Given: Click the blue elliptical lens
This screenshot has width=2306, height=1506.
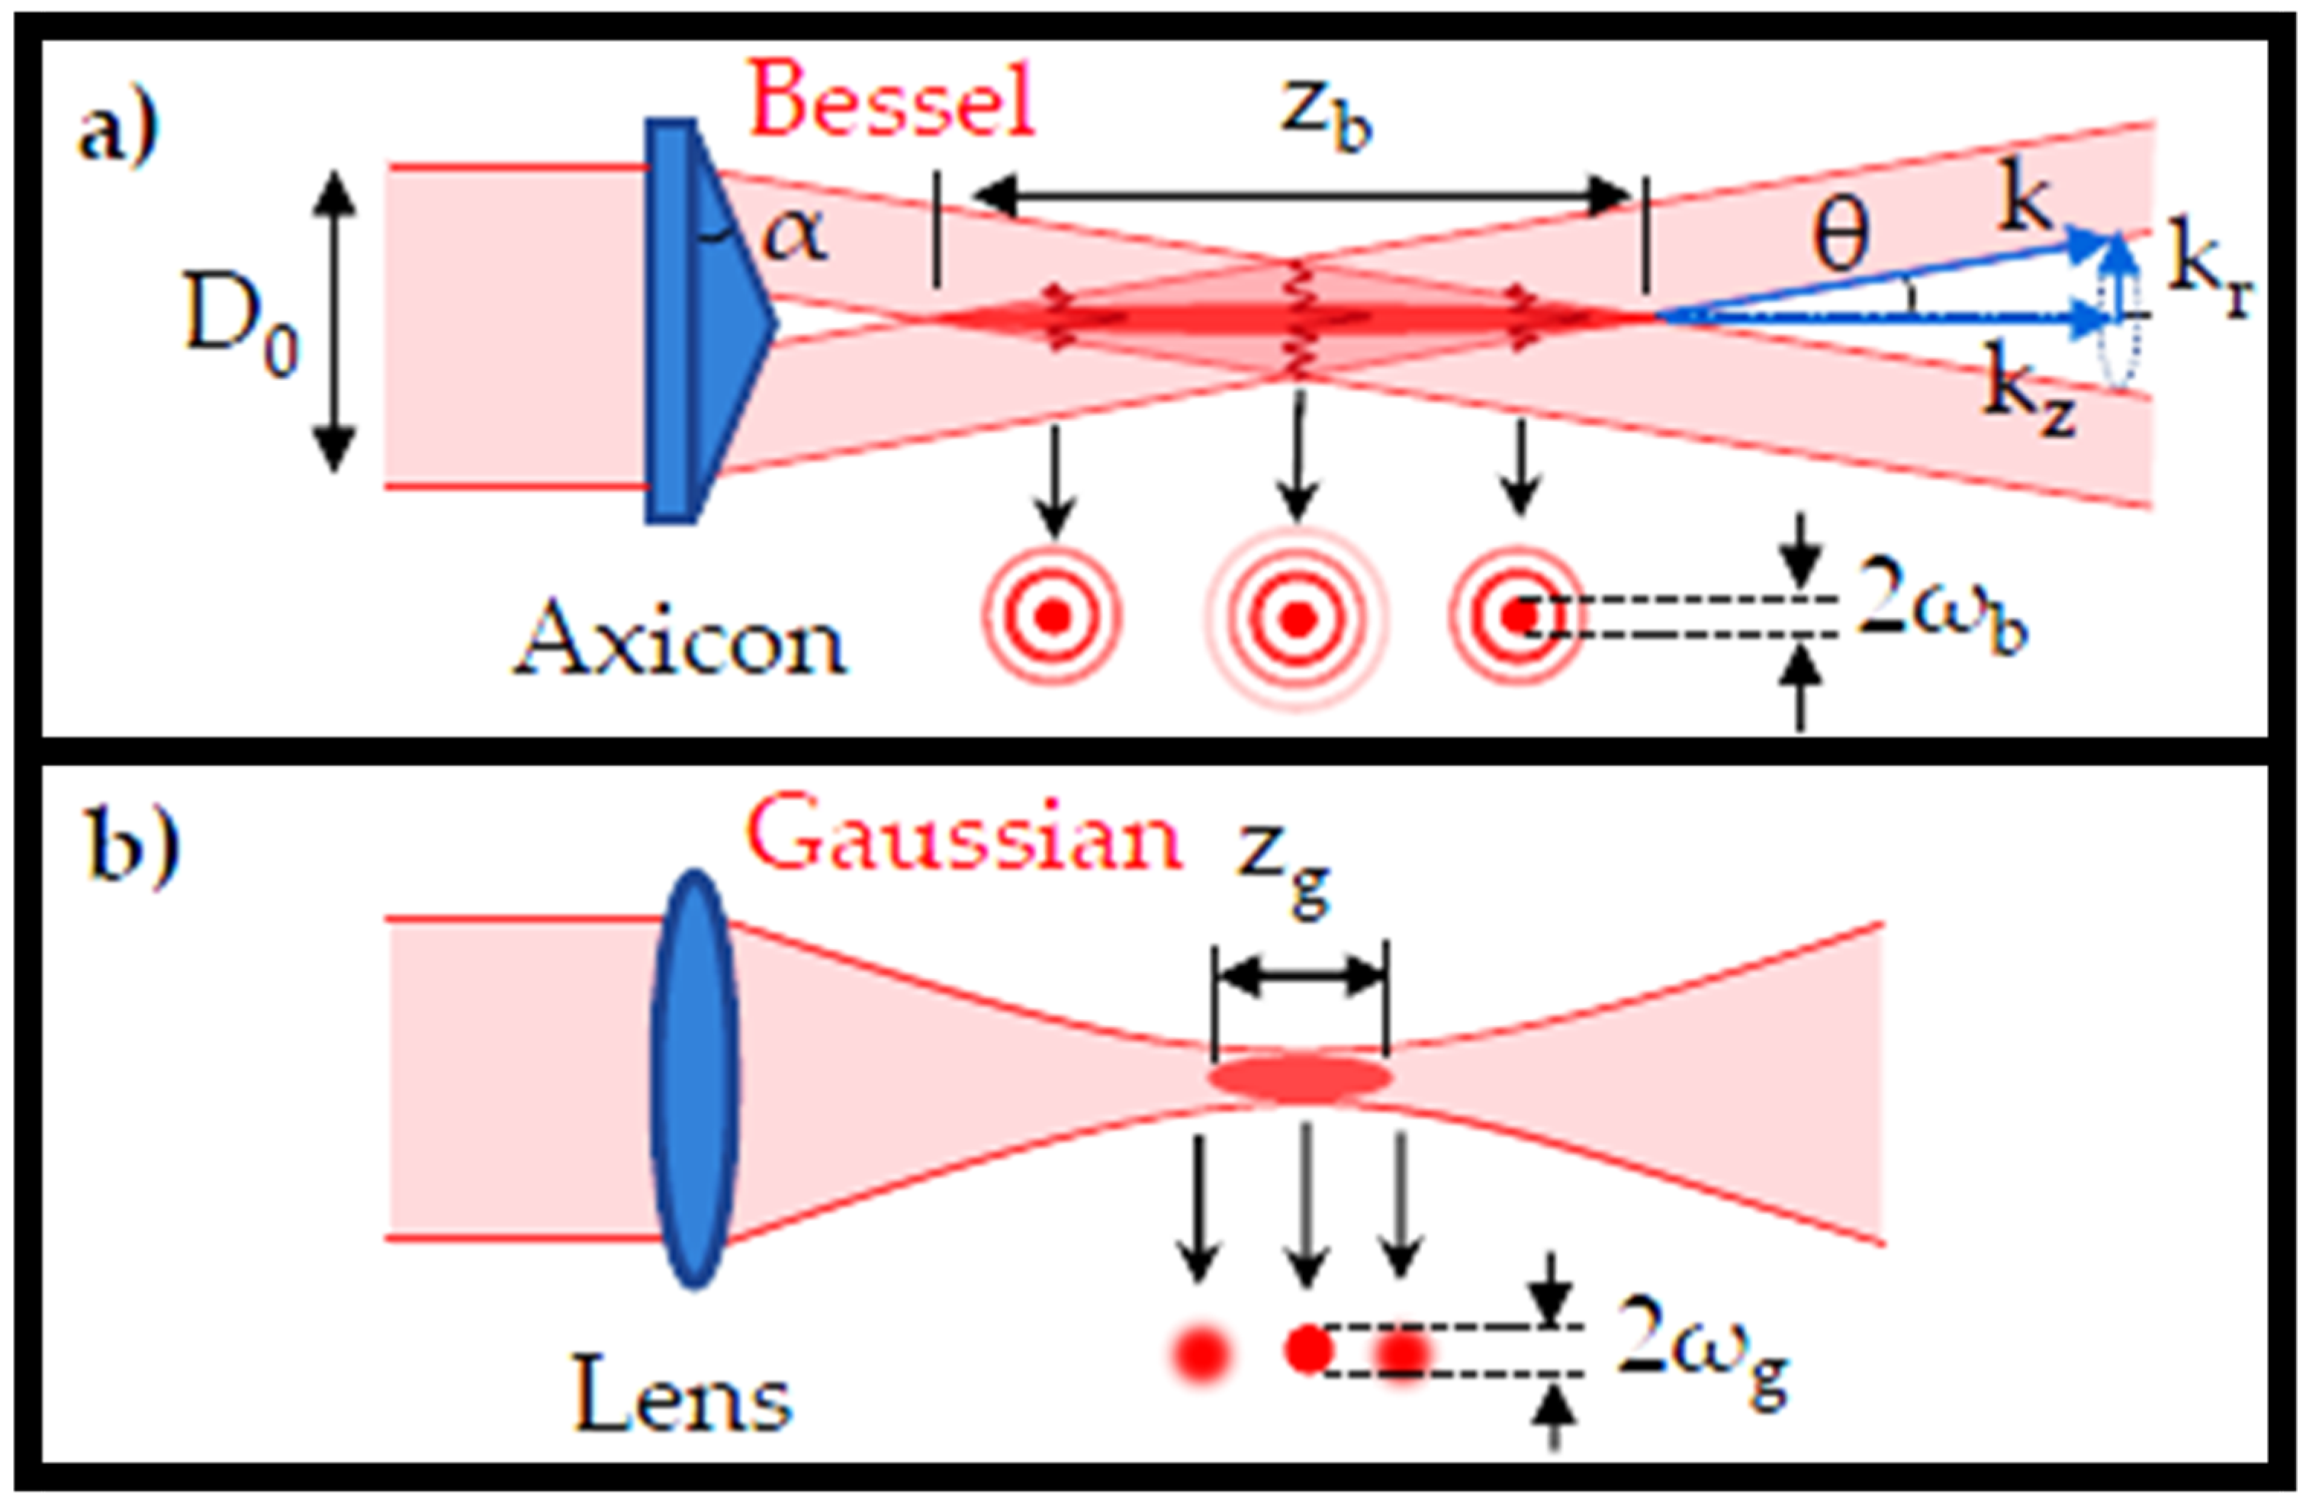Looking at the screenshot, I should click(x=693, y=1079).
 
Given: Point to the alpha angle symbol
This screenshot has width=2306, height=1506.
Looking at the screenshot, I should click(x=795, y=236).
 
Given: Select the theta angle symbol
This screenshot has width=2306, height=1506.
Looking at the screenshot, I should click(x=1840, y=237).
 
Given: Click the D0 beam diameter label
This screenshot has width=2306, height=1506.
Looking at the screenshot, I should click(x=241, y=330).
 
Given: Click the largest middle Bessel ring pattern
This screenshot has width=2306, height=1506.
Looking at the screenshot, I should click(x=1298, y=617).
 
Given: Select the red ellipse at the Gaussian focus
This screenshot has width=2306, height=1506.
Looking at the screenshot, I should click(x=1299, y=1079).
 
